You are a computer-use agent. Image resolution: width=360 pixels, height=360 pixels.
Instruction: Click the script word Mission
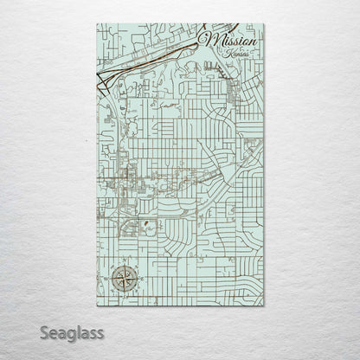pyautogui.click(x=229, y=40)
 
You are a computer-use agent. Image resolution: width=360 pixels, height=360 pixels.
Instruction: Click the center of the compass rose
pyautogui.click(x=122, y=280)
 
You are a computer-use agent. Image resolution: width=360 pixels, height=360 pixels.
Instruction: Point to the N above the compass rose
pyautogui.click(x=122, y=261)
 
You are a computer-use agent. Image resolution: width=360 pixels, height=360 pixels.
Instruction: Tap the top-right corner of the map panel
pyautogui.click(x=265, y=24)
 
